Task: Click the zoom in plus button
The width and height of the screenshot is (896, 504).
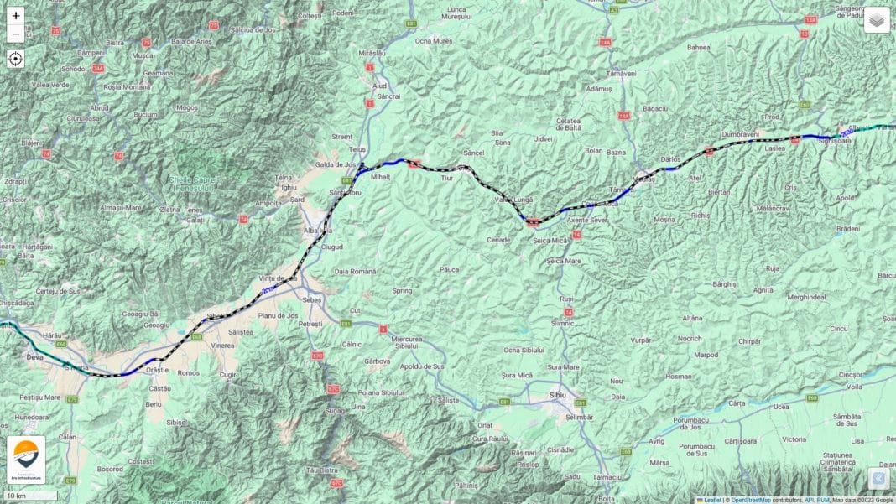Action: coord(16,16)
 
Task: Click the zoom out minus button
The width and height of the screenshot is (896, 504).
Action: coord(16,34)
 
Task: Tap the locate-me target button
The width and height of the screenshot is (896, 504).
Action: coord(16,59)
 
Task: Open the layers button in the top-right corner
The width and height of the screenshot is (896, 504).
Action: coord(877,19)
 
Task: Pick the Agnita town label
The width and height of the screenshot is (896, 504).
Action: coord(763,289)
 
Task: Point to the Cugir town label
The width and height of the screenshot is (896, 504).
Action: coord(228,376)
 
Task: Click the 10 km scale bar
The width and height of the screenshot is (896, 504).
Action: coord(29,496)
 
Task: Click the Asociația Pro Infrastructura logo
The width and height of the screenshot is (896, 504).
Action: coord(26,460)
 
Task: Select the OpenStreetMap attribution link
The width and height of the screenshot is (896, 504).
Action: coord(751,500)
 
